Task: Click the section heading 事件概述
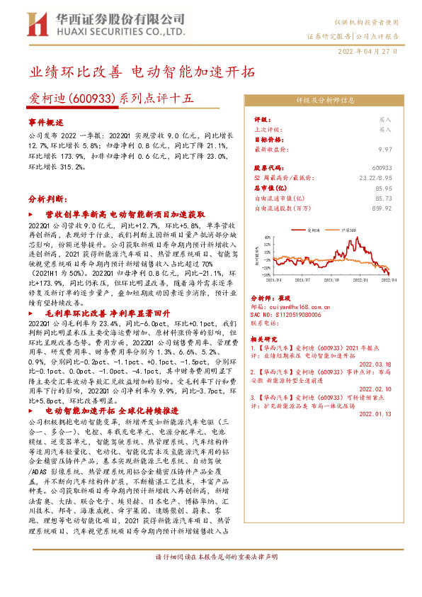coord(46,122)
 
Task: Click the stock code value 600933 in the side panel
coord(382,168)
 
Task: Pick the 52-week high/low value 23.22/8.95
coord(375,178)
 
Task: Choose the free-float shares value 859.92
coord(382,208)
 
